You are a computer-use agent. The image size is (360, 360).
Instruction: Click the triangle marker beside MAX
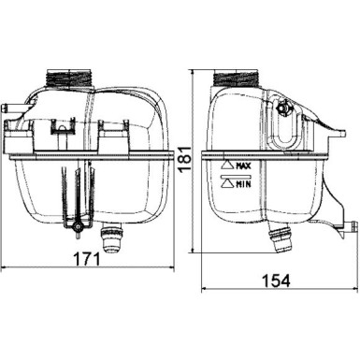227,166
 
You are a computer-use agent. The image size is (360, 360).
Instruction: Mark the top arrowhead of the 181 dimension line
195,71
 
